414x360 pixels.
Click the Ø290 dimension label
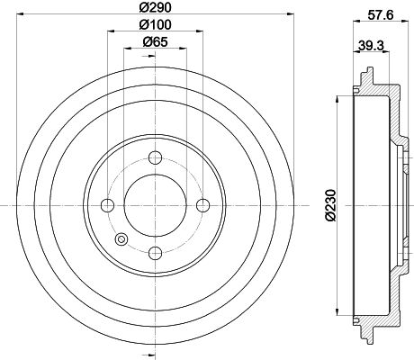[x=155, y=7]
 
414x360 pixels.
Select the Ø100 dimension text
[x=155, y=24]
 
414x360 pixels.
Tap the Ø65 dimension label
[x=155, y=41]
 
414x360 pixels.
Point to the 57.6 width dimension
[x=380, y=15]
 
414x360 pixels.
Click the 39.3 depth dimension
[x=371, y=46]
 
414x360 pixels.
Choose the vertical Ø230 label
[x=330, y=205]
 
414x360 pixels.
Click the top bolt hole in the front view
[x=156, y=157]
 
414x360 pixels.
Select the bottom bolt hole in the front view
[x=156, y=253]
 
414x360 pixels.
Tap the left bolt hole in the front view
[x=108, y=205]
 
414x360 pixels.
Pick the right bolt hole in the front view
[x=203, y=205]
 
